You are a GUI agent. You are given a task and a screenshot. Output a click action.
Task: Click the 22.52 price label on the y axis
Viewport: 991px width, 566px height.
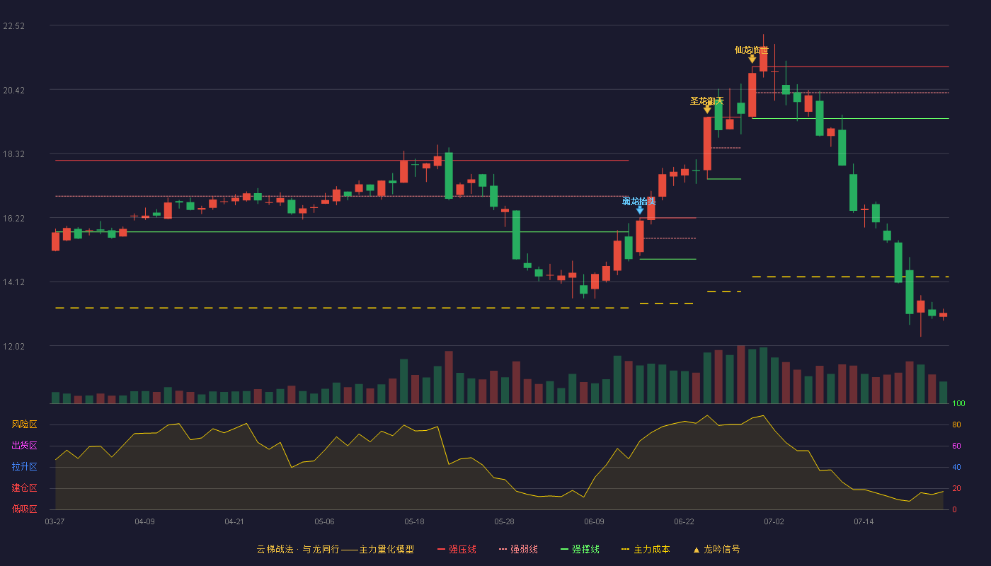point(13,26)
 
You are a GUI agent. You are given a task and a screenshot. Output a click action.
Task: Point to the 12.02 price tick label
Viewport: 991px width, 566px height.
point(13,346)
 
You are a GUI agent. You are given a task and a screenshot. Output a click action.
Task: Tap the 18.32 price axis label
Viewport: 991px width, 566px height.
point(13,154)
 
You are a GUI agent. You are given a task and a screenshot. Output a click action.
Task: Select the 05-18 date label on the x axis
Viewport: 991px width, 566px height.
point(414,522)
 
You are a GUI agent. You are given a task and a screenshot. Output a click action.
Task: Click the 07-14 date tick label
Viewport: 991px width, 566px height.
point(864,522)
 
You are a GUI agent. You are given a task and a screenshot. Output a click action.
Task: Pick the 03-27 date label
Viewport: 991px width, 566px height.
point(55,522)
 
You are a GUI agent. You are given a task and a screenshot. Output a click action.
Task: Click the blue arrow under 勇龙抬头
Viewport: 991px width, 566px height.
point(640,210)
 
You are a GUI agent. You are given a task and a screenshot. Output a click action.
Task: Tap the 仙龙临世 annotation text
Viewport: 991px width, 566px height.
point(752,50)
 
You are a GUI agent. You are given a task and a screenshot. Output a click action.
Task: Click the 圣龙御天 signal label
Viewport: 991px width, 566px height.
point(707,100)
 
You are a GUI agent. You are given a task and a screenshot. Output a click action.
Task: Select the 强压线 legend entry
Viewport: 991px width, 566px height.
point(457,549)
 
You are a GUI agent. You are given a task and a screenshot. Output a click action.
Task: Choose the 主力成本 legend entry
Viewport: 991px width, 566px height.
point(646,549)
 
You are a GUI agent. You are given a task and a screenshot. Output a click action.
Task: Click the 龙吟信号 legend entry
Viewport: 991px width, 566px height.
point(716,549)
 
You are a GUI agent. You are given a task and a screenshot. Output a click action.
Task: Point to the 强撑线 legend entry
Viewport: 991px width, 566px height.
point(580,549)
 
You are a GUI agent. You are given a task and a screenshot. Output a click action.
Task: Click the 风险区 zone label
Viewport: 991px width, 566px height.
point(24,424)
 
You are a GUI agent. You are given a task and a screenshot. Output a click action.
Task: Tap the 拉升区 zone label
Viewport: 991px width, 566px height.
point(24,466)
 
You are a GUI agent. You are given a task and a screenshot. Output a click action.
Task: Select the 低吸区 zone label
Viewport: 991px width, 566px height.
point(24,509)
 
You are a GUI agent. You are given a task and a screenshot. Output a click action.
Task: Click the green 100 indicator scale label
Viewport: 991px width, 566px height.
point(958,403)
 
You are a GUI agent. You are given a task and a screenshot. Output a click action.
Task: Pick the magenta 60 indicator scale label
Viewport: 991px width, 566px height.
point(956,446)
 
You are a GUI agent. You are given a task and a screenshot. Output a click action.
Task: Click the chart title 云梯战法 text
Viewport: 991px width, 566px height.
point(275,549)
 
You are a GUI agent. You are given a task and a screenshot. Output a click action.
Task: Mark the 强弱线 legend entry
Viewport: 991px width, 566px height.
point(518,549)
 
